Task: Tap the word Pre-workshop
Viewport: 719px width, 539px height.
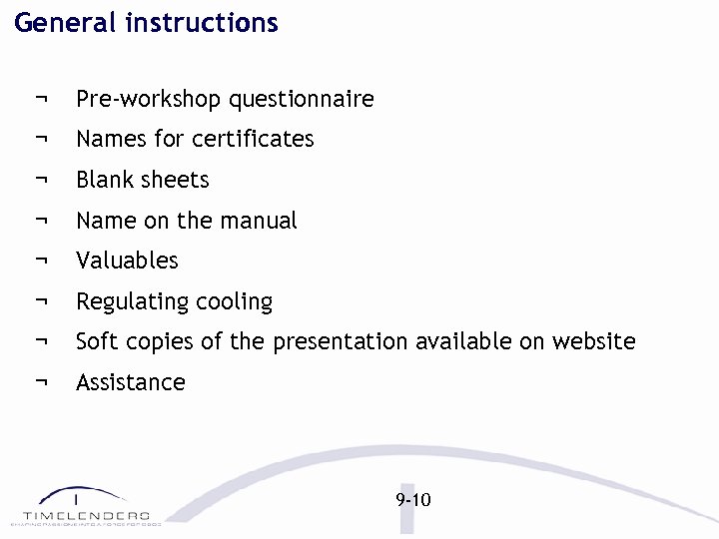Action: tap(149, 100)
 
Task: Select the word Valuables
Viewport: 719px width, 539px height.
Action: tap(127, 261)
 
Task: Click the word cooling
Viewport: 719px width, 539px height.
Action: tap(235, 301)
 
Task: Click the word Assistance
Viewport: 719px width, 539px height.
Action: tap(131, 382)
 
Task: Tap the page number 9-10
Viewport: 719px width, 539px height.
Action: tap(412, 499)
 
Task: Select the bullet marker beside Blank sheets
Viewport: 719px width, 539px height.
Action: tap(41, 180)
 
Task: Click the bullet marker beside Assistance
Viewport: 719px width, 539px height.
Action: tap(41, 382)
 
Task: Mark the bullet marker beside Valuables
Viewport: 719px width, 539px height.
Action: tap(41, 261)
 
